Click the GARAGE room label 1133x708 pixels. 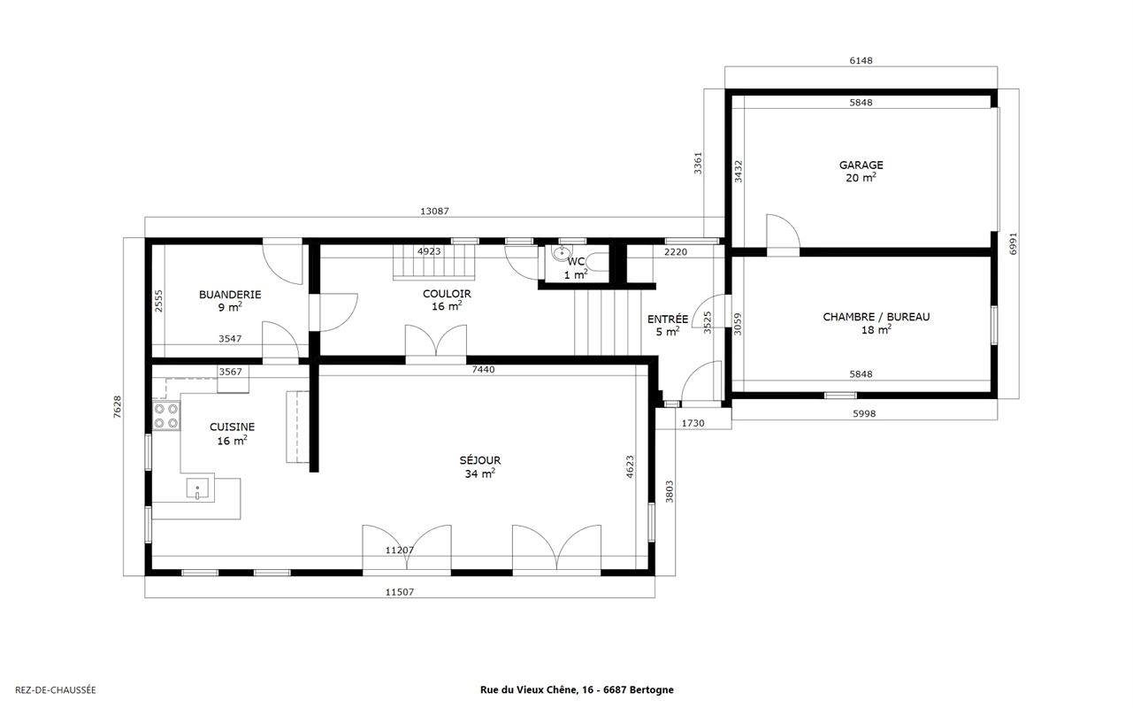click(x=861, y=165)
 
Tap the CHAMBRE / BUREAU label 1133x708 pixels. click(x=876, y=317)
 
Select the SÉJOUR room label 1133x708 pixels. click(x=480, y=460)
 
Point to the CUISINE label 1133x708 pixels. click(x=232, y=427)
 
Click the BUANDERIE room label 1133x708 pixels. click(x=230, y=295)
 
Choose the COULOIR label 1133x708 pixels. click(x=448, y=294)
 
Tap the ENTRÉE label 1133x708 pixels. click(x=668, y=319)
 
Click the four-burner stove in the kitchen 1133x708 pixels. click(x=166, y=416)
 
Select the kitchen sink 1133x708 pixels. click(x=197, y=489)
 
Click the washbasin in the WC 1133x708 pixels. click(x=561, y=252)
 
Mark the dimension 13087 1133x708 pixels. click(x=434, y=211)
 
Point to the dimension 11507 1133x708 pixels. click(x=400, y=591)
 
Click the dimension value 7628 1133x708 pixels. click(x=118, y=407)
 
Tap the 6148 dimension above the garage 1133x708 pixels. click(x=861, y=61)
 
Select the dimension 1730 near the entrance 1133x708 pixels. click(x=693, y=423)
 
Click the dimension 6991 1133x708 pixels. click(x=1013, y=243)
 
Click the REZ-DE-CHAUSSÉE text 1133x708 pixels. click(x=56, y=689)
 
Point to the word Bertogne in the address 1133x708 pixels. click(x=652, y=689)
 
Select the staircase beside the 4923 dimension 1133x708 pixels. click(x=434, y=262)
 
